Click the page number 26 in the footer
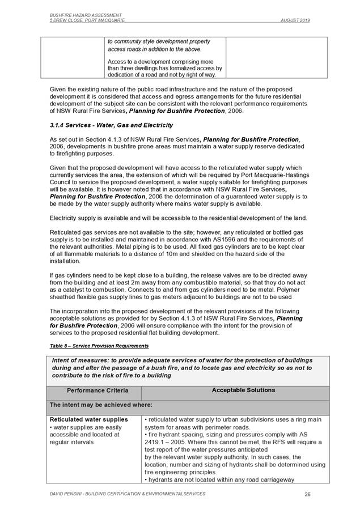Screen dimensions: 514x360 pyautogui.click(x=307, y=494)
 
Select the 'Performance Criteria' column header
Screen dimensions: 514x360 pyautogui.click(x=98, y=390)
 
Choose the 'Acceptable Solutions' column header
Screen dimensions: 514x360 pyautogui.click(x=235, y=390)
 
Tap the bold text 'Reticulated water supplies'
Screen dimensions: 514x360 pyautogui.click(x=89, y=419)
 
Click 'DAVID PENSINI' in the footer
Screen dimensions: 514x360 pyautogui.click(x=65, y=494)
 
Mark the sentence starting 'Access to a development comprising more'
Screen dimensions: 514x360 pyautogui.click(x=164, y=62)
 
